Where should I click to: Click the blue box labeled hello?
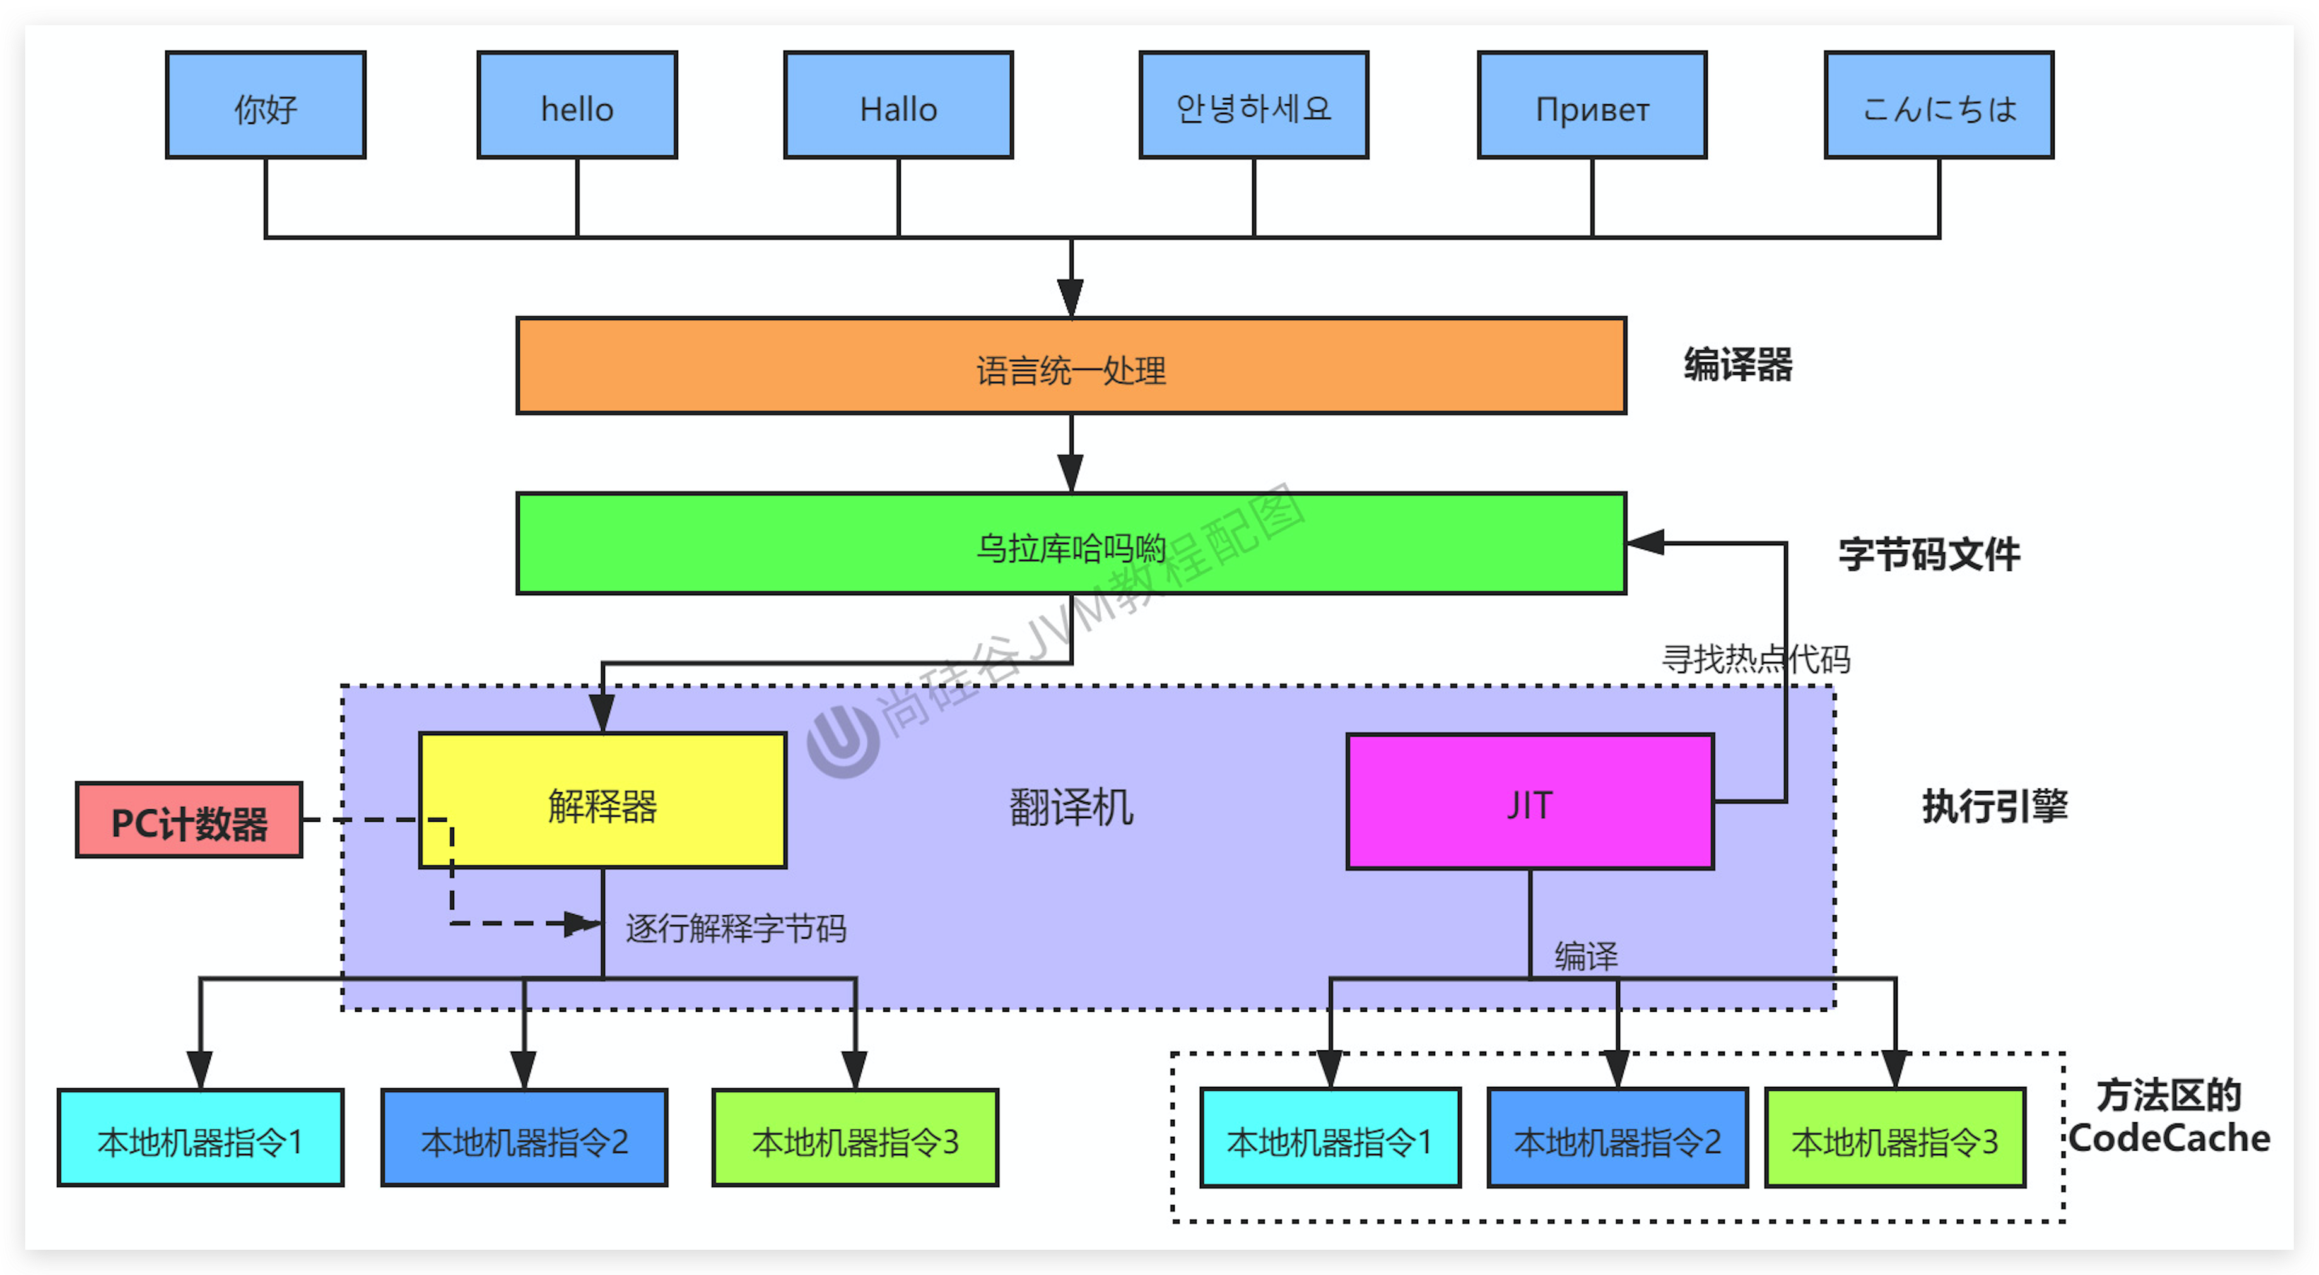[577, 105]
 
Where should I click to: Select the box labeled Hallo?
[898, 105]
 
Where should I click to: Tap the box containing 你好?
[266, 105]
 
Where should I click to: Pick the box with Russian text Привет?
[1592, 105]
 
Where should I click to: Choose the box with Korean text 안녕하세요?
[1253, 105]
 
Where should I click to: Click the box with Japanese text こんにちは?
[1939, 105]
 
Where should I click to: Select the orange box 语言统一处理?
[1071, 367]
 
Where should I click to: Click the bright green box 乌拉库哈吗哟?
[1071, 544]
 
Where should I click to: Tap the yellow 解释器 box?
[602, 802]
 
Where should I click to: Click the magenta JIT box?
[1530, 802]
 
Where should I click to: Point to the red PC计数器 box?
[189, 821]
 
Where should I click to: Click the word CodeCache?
[2169, 1138]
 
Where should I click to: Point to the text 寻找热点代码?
[1756, 659]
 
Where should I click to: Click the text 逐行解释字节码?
[736, 928]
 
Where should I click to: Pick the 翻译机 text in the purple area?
[1071, 807]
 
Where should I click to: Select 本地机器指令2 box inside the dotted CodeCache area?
[1617, 1139]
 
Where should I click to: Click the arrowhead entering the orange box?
[1071, 297]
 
